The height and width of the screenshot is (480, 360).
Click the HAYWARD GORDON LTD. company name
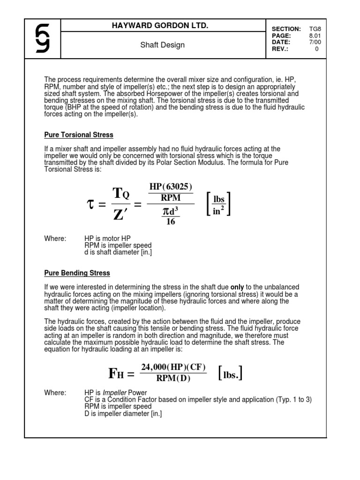click(163, 26)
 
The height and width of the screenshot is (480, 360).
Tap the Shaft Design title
click(163, 45)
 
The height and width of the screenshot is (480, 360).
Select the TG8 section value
click(315, 29)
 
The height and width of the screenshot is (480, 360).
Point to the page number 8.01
click(315, 36)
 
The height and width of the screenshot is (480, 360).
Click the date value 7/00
click(315, 42)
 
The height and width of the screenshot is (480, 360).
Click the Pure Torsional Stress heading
click(79, 135)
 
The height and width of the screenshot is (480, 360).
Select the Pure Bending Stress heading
click(77, 273)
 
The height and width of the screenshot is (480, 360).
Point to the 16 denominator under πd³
click(171, 222)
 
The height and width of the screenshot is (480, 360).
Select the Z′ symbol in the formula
click(120, 215)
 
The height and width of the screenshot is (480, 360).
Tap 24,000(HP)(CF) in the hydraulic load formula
click(173, 367)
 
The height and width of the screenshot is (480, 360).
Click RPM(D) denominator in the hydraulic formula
click(173, 379)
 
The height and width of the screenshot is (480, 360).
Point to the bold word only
click(238, 287)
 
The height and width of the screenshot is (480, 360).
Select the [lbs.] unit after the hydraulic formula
click(230, 374)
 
